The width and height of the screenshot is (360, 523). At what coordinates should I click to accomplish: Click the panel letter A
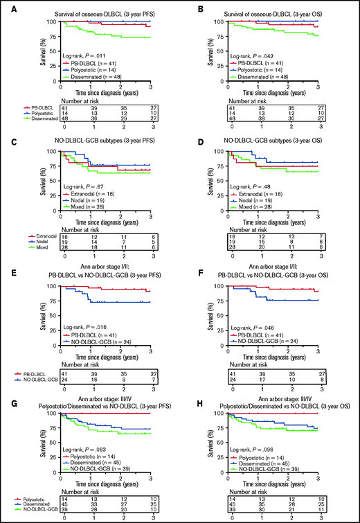[x=6, y=6]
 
